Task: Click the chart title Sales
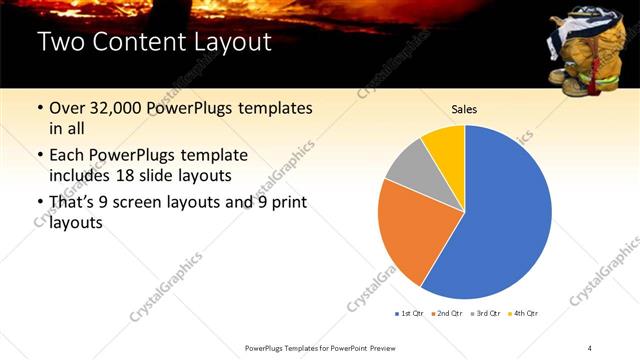464,109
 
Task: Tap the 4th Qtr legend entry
526,313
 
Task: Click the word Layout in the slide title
225,43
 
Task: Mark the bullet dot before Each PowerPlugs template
39,156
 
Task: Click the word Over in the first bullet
67,108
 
